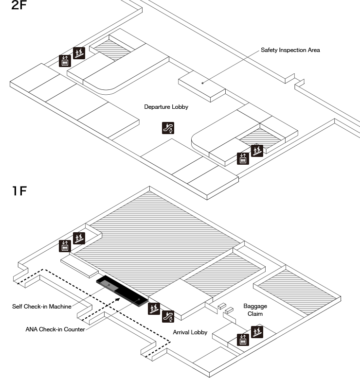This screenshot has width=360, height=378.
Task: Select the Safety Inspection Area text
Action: (290, 50)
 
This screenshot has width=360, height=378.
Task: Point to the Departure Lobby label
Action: (166, 107)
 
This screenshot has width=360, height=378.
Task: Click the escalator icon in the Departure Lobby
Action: (168, 128)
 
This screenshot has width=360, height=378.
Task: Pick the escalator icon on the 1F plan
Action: (168, 316)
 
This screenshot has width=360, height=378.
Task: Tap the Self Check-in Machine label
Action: (42, 307)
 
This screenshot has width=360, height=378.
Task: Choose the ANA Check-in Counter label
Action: (55, 329)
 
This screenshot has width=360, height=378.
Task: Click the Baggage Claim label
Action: (255, 310)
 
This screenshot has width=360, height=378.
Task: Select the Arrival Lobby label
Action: (190, 333)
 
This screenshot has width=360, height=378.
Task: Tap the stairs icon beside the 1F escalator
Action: (154, 309)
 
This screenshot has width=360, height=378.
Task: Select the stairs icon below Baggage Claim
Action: (256, 333)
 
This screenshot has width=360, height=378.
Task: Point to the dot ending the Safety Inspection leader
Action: (203, 83)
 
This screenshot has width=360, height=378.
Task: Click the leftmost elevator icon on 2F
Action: (65, 61)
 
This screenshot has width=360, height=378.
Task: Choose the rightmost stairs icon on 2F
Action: (257, 150)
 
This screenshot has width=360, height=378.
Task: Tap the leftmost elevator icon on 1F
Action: (65, 246)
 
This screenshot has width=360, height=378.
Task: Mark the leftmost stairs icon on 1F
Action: (79, 239)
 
